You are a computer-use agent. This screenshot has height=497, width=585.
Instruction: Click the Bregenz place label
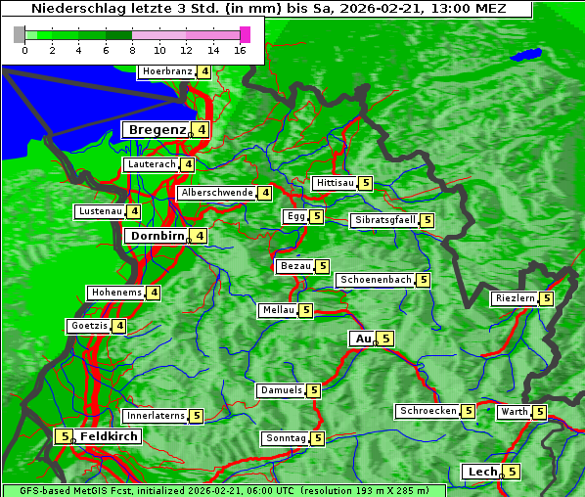click(x=156, y=130)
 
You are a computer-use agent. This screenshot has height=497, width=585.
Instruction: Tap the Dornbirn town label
click(x=157, y=236)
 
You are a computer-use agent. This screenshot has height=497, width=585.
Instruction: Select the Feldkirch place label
click(x=109, y=436)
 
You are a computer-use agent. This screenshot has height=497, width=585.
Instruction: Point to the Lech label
click(x=482, y=472)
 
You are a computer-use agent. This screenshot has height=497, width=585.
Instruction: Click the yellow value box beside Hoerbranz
click(x=203, y=71)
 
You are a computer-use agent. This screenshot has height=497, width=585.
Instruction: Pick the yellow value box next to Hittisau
click(x=365, y=183)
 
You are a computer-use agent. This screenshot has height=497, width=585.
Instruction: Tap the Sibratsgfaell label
click(x=384, y=220)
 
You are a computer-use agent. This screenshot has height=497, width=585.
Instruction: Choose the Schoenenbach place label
click(x=376, y=280)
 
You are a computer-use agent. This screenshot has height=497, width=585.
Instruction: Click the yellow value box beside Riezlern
click(x=546, y=298)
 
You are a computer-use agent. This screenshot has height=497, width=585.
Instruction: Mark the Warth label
click(x=514, y=412)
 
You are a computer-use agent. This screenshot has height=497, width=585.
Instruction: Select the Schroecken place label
click(x=427, y=411)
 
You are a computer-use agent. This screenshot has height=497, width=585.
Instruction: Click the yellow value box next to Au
click(x=385, y=339)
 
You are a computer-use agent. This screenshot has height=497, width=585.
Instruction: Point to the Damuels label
click(x=281, y=390)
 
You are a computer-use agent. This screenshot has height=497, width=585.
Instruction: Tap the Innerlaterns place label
click(x=156, y=416)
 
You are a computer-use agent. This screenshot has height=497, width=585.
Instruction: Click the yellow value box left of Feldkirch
click(x=64, y=436)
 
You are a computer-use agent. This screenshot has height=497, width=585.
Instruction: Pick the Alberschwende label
click(x=217, y=193)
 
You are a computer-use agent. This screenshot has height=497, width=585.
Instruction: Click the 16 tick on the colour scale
click(x=240, y=50)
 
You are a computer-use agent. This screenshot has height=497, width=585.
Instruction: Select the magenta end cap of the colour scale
click(x=245, y=34)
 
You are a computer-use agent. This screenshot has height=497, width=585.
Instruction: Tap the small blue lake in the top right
click(x=528, y=54)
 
